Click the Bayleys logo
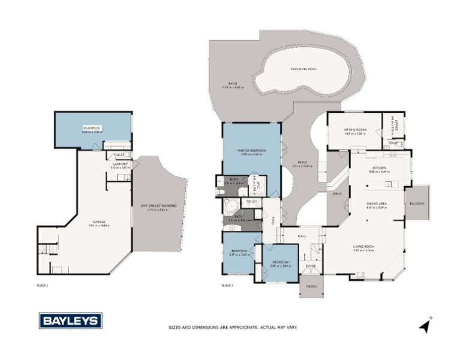click(71, 320)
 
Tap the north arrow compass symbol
click(425, 326)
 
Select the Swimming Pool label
click(305, 69)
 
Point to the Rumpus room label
click(93, 128)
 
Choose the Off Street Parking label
click(159, 206)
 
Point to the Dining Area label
click(377, 204)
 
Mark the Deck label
click(336, 195)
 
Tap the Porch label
click(311, 287)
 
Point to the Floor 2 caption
click(227, 286)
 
